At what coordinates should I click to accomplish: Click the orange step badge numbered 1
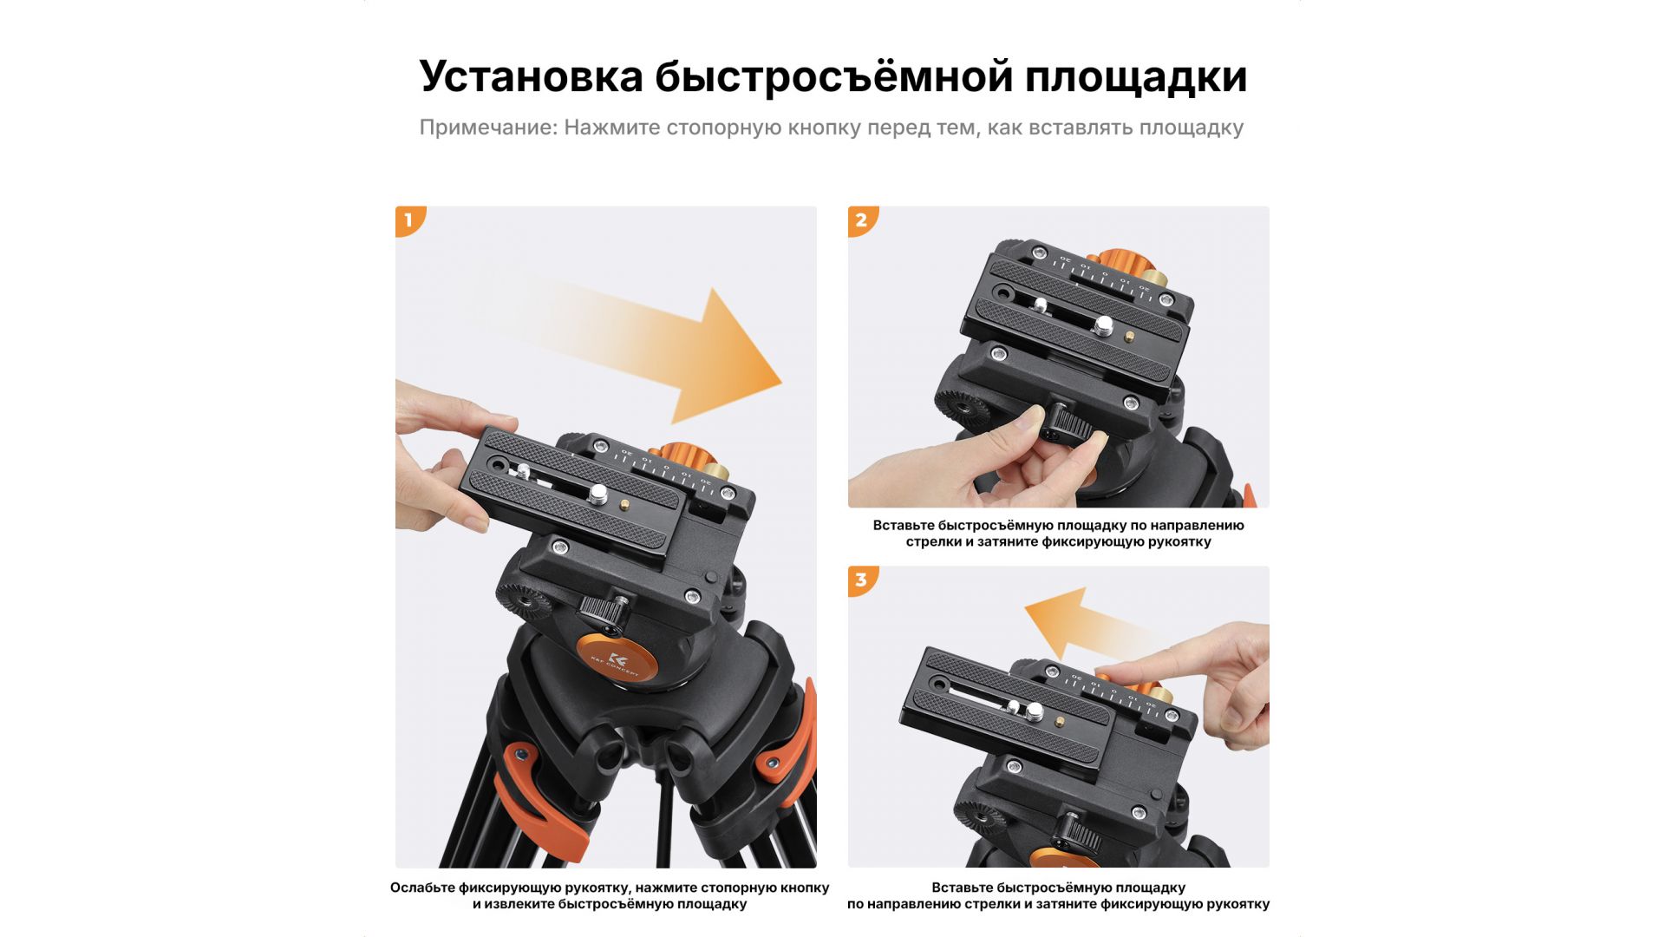point(409,220)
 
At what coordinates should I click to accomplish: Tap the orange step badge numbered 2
point(862,220)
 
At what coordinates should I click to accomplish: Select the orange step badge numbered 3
point(862,580)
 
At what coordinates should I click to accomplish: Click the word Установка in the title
point(531,76)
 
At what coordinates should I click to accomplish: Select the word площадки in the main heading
point(1135,78)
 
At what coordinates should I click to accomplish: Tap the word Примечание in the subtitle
point(487,128)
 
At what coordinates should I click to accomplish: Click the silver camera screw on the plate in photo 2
point(1104,325)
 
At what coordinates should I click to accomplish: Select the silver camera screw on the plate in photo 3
point(1035,711)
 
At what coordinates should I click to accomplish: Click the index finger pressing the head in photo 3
point(1153,668)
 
